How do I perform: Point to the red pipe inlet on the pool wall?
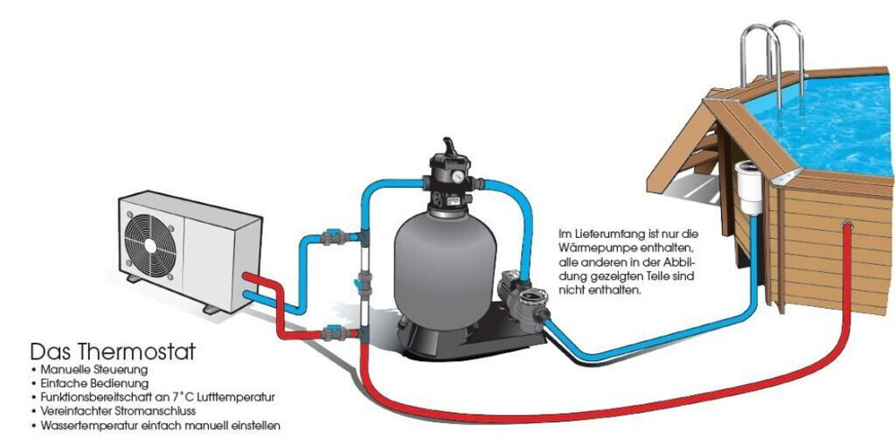(x=846, y=227)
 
